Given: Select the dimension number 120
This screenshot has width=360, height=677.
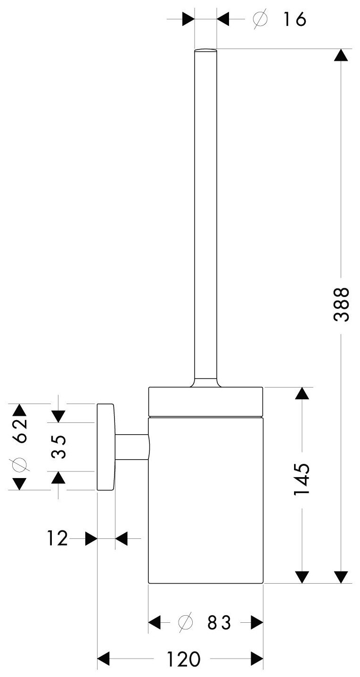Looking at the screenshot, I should pos(182,659).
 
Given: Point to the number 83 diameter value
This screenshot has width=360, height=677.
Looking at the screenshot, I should pos(220,623).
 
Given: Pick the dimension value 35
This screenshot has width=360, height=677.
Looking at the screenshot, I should pos(58,447).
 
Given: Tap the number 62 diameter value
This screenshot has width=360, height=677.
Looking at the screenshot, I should pos(19,430).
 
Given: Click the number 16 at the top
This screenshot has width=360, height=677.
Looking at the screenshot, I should pos(295,19).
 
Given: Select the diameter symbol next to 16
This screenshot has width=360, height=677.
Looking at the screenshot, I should pos(260,19).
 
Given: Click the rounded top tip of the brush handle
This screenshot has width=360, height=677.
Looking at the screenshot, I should pos(205,50).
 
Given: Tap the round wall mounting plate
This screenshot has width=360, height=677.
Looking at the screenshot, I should pos(106,446).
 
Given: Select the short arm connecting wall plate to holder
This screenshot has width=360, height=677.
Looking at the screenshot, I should pos(131,446).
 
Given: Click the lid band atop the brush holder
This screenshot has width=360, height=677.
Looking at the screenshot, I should pos(205,402).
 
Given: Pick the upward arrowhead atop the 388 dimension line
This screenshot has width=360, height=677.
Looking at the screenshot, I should pos(341,55).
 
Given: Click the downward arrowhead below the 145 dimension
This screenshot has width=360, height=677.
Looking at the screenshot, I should pos(302,577).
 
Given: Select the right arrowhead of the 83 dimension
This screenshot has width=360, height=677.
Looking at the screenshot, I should pos(256,623).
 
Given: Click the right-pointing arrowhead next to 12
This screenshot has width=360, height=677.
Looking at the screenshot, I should pos(91,538).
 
